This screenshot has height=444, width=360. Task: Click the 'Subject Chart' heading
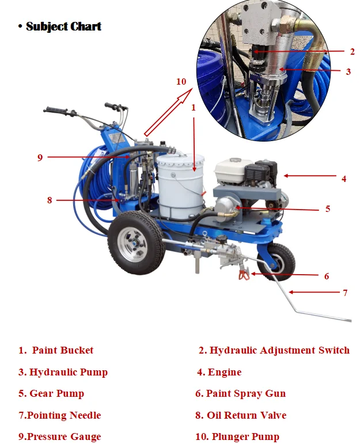point(63,26)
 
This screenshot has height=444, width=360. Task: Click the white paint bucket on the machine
point(181,184)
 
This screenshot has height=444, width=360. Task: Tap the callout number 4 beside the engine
point(344,179)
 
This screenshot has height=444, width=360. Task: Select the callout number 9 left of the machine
point(40,157)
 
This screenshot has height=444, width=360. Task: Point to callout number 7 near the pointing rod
point(345,293)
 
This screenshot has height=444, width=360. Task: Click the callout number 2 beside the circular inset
point(352,51)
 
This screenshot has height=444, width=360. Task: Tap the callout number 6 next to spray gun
point(327,276)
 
